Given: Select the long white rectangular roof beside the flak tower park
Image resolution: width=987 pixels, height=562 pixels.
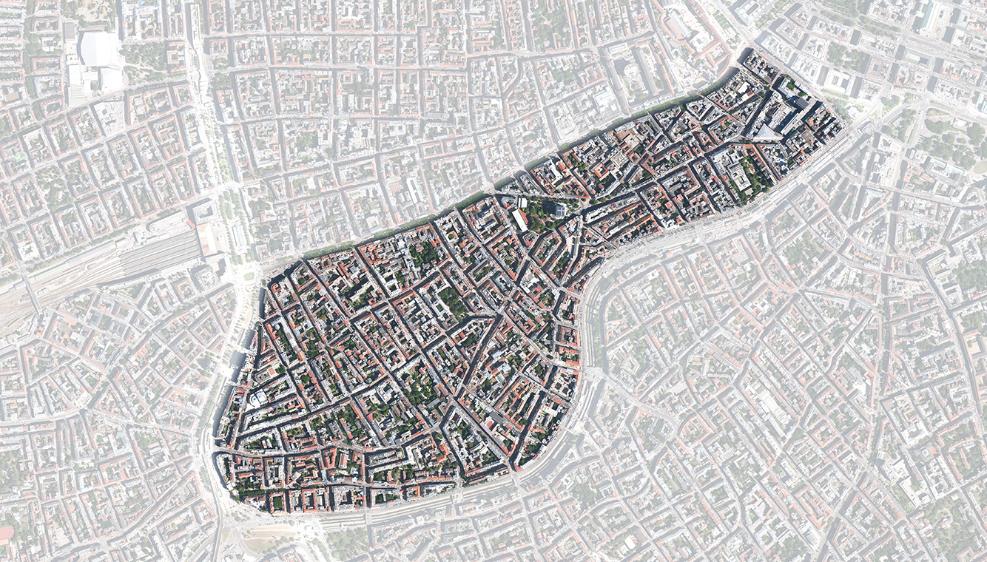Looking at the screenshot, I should click(520, 220).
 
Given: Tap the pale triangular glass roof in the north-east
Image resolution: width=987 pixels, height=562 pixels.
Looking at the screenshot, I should click(765, 132).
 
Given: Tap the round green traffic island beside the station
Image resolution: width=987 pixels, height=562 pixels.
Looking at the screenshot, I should click(249, 276).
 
